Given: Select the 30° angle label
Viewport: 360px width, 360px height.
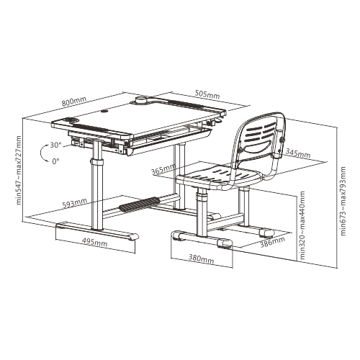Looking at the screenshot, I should click(x=55, y=145).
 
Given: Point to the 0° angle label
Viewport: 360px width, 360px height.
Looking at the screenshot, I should click(x=55, y=161).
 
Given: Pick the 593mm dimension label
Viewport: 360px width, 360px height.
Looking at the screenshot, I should click(x=71, y=204).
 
